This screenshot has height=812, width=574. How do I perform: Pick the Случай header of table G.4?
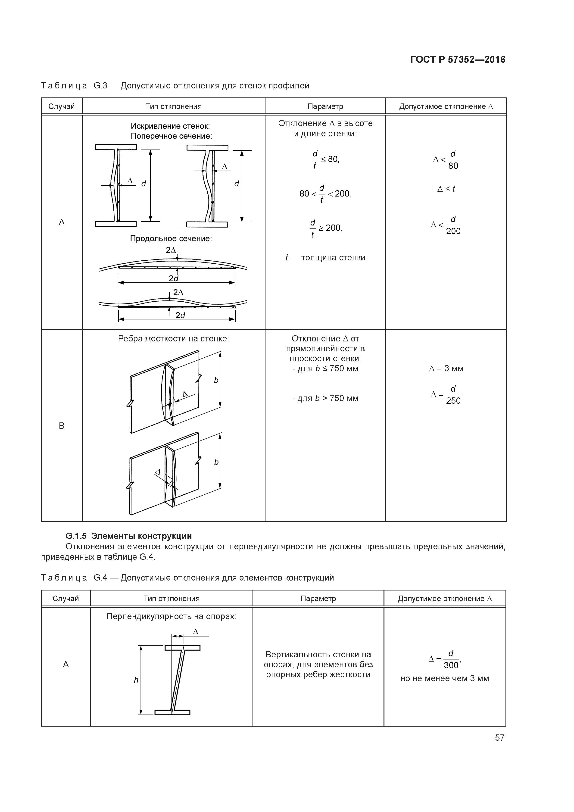(66, 598)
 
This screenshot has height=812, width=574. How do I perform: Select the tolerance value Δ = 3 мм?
(446, 369)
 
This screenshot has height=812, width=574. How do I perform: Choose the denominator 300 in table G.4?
(451, 665)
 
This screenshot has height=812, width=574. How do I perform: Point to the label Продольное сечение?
(171, 239)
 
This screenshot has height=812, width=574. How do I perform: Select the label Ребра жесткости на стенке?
(173, 339)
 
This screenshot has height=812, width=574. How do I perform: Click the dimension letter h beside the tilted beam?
(136, 680)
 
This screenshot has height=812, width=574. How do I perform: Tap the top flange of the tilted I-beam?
(182, 648)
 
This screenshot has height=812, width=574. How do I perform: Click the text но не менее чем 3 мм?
(445, 678)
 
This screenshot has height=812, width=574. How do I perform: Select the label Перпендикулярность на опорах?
(171, 616)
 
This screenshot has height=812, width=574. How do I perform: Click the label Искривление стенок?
(171, 126)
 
